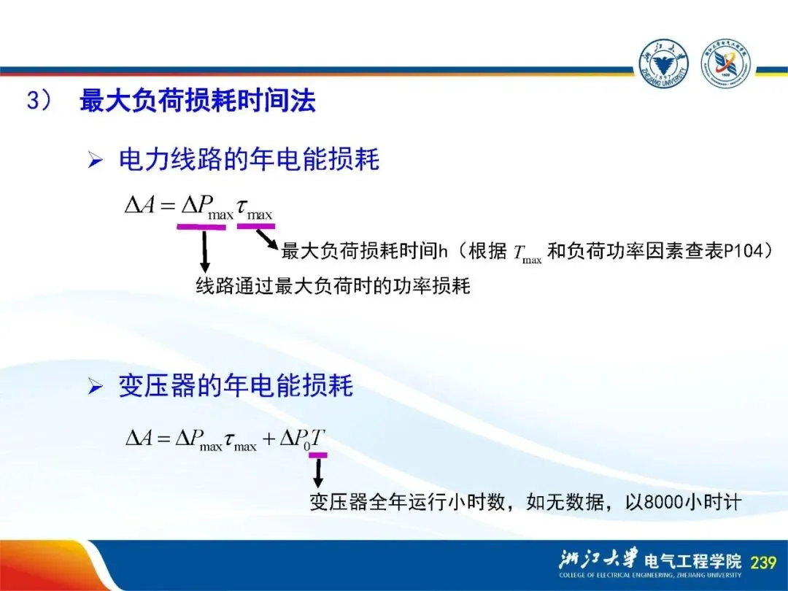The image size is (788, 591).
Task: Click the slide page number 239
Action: click(x=763, y=561)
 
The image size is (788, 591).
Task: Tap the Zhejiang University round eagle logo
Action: click(x=663, y=63)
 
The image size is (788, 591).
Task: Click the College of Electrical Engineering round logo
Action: click(x=725, y=63)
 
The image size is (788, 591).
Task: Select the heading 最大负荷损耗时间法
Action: click(x=198, y=101)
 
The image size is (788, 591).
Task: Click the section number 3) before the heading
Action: click(x=39, y=101)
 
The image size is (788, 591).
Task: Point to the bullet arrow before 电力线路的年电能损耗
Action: click(x=95, y=161)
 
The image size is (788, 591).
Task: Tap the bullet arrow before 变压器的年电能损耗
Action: click(x=95, y=387)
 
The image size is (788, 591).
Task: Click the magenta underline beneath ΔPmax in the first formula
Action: click(x=201, y=227)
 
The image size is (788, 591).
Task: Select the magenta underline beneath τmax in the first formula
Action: click(x=256, y=226)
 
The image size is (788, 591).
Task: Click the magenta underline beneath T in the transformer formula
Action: click(x=318, y=455)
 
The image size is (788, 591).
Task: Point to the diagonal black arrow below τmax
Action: click(x=267, y=239)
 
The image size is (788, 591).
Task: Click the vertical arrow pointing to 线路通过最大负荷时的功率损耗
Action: click(x=204, y=251)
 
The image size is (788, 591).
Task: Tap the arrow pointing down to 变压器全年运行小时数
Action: click(x=317, y=473)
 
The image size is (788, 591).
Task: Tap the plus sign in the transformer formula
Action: click(x=269, y=439)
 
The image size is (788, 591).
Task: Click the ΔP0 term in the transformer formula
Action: click(x=295, y=439)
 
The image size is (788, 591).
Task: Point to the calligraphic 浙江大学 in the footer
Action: click(x=598, y=558)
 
